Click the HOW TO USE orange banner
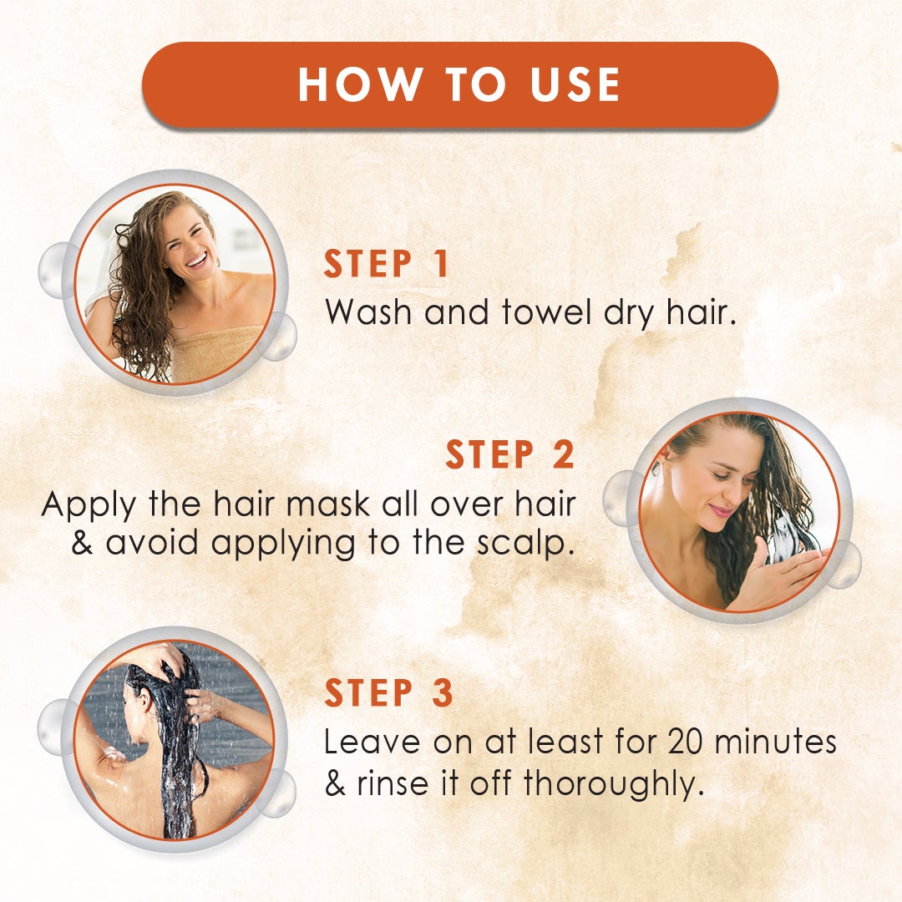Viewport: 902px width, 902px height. pyautogui.click(x=459, y=84)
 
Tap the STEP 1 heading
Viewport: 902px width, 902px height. pyautogui.click(x=387, y=264)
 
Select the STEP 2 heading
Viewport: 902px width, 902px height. pyautogui.click(x=509, y=455)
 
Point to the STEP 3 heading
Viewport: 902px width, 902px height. pyautogui.click(x=388, y=694)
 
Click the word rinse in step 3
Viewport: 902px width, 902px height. pyautogui.click(x=393, y=784)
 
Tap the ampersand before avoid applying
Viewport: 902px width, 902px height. pyautogui.click(x=83, y=544)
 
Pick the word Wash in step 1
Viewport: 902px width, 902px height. pyautogui.click(x=372, y=312)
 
